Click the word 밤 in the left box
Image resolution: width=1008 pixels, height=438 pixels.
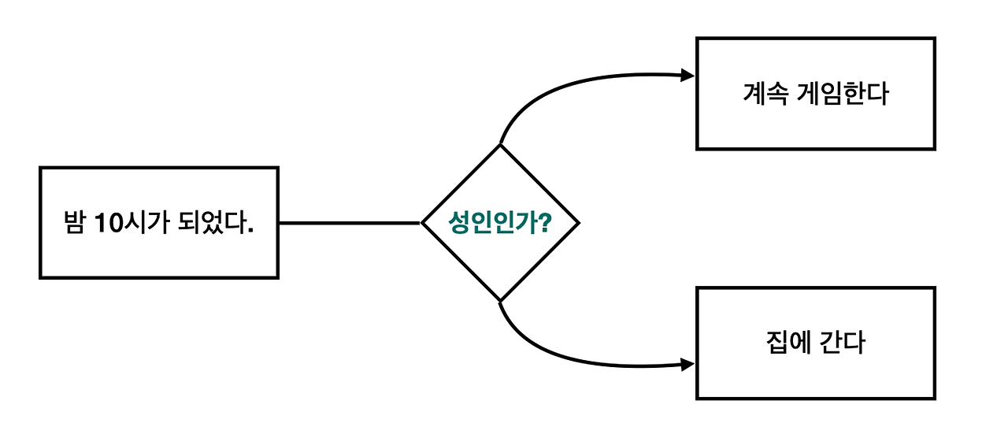74,223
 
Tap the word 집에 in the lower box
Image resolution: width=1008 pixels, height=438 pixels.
787,343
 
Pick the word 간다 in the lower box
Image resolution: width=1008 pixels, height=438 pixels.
844,343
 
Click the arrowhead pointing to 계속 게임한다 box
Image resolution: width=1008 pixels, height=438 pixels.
687,76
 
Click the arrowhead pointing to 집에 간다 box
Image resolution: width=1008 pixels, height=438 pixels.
687,365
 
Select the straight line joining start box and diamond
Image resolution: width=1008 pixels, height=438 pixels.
350,223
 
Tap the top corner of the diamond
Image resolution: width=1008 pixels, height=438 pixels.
500,146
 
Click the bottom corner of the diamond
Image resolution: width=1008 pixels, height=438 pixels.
500,300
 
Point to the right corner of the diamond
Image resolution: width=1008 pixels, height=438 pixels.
578,223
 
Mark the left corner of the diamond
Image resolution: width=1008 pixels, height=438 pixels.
423,223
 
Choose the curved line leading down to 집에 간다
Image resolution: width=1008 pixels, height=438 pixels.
551,355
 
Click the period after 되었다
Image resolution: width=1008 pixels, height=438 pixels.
250,231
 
